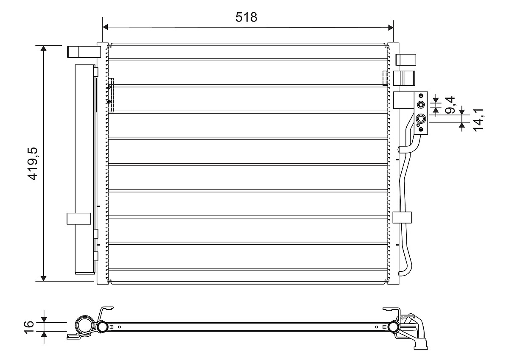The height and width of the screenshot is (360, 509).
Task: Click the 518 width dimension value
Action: (x=246, y=17)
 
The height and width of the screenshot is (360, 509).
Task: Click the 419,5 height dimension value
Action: (x=32, y=164)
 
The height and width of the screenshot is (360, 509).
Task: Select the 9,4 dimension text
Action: (x=450, y=105)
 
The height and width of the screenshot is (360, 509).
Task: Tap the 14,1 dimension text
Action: (x=478, y=120)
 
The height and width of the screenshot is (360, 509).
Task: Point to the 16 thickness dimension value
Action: (x=29, y=327)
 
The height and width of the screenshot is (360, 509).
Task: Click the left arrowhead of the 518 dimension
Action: (x=105, y=27)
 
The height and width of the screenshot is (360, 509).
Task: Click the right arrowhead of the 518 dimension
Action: (x=391, y=28)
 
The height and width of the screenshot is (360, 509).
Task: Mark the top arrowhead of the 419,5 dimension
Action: (x=43, y=48)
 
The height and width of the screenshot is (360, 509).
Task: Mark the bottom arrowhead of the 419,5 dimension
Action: (x=43, y=279)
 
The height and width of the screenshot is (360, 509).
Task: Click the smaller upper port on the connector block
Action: (x=421, y=105)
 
